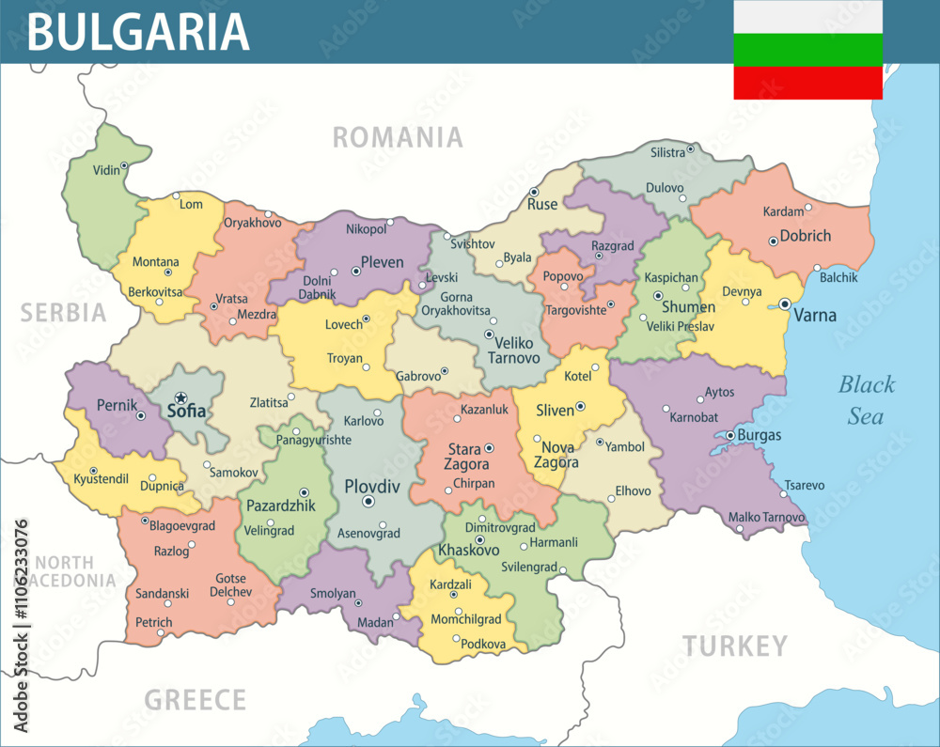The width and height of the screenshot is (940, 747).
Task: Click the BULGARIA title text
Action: [138, 31]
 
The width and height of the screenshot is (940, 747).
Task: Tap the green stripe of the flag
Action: [807, 50]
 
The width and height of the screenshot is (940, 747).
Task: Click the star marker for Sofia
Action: [180, 398]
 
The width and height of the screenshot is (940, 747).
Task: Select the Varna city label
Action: [814, 315]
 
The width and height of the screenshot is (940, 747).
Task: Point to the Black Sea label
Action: [866, 399]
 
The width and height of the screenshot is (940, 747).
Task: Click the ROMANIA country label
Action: [398, 137]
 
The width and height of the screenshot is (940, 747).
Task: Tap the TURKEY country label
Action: [734, 646]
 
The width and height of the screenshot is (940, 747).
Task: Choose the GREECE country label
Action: [195, 700]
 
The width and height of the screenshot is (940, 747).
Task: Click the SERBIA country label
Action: [64, 313]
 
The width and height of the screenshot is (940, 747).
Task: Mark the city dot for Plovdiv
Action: [368, 503]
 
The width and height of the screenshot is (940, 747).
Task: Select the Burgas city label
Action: [759, 436]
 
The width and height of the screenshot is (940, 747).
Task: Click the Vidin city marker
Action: [123, 165]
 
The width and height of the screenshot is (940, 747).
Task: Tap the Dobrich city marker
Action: [773, 241]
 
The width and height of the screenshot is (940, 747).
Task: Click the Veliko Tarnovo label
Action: [513, 350]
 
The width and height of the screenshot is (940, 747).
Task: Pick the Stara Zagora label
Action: [466, 456]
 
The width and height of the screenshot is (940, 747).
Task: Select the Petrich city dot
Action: [161, 632]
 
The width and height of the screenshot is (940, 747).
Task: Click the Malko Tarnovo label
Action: [766, 517]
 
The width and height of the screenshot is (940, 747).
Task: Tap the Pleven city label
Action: [383, 262]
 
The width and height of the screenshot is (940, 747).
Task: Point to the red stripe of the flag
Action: [807, 83]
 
